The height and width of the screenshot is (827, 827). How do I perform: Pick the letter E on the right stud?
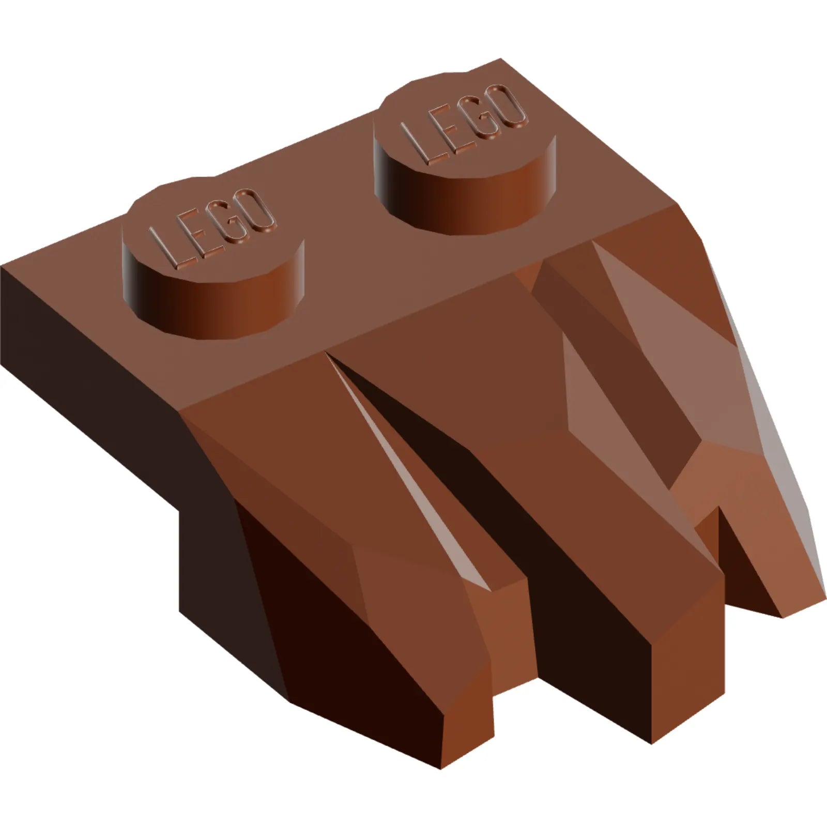(448, 127)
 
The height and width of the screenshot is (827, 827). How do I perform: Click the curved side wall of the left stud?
(212, 310)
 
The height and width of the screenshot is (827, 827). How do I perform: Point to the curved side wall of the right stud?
(465, 204)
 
